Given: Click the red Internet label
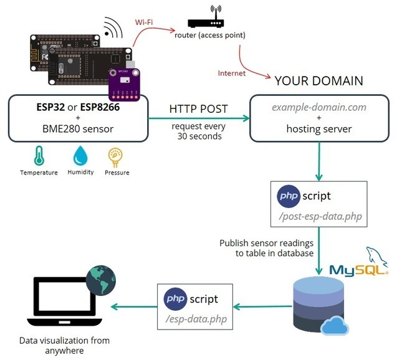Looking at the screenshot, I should tap(231, 73).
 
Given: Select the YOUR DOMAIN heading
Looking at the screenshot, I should tap(318, 82).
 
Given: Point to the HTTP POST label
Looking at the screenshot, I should tap(198, 109).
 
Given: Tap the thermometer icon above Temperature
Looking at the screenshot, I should tap(38, 156).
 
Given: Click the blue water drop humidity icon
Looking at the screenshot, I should tap(81, 156).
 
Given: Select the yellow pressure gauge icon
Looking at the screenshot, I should tap(116, 156).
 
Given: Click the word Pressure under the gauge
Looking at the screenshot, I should tap(117, 173).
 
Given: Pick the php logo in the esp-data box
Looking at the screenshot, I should tap(177, 300).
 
